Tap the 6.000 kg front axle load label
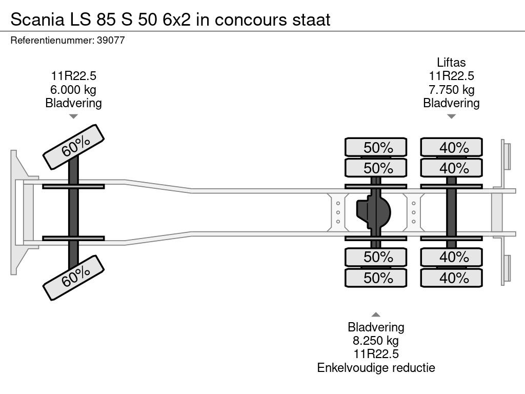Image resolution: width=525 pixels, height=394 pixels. [x=74, y=90]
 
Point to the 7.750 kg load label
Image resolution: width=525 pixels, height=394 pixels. [x=451, y=90]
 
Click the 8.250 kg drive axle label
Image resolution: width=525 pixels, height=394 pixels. [x=376, y=341]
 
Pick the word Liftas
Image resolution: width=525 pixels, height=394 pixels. [x=451, y=63]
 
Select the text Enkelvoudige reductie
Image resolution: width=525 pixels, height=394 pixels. [x=376, y=367]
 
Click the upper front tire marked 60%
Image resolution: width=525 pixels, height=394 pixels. [x=74, y=147]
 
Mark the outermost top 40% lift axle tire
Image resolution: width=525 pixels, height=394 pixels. [x=452, y=147]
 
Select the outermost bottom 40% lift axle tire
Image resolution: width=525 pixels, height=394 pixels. [x=452, y=278]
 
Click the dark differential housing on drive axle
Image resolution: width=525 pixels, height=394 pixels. [x=374, y=212]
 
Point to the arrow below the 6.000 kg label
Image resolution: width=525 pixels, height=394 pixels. [x=74, y=116]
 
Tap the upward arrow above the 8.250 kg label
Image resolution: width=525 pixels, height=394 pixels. [x=376, y=314]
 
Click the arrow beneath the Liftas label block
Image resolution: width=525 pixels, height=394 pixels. [x=451, y=116]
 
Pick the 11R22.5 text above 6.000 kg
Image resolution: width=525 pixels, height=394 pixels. [x=74, y=76]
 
